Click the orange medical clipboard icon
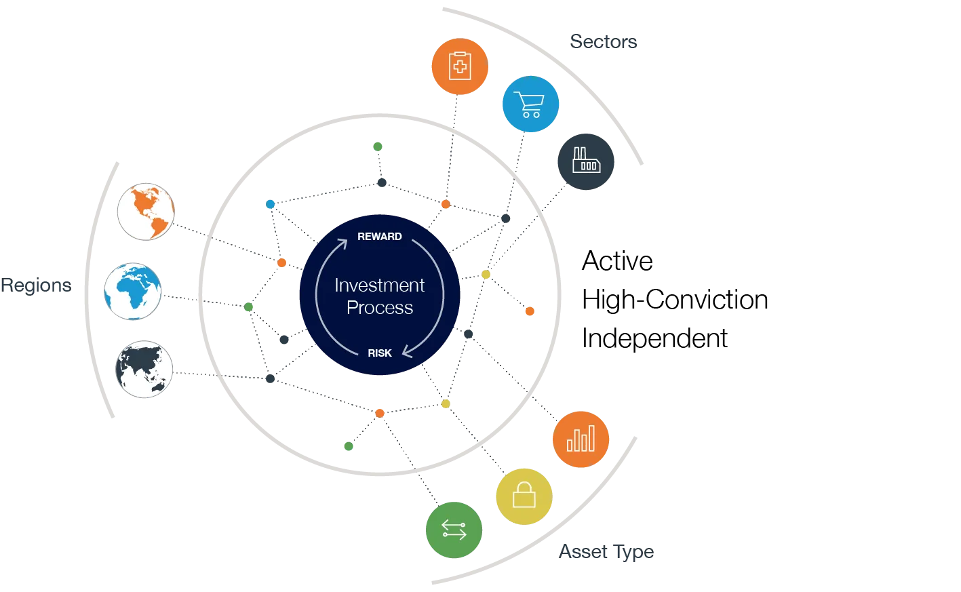pos(459,66)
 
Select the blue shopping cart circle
pos(530,104)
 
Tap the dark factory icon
pos(585,162)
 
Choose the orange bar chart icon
pos(581,439)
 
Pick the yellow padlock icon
pos(524,496)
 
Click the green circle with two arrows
pos(453,529)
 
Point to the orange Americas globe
pos(146,211)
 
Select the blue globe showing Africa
pos(133,291)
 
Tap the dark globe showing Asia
pos(144,370)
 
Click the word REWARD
pos(380,237)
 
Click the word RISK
pos(380,353)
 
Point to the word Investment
pos(380,285)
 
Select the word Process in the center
pos(380,308)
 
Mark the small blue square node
pos(271,204)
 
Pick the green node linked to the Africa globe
pos(249,307)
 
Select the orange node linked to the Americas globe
pos(282,262)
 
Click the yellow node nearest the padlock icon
pos(445,404)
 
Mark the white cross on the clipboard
pos(460,66)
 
